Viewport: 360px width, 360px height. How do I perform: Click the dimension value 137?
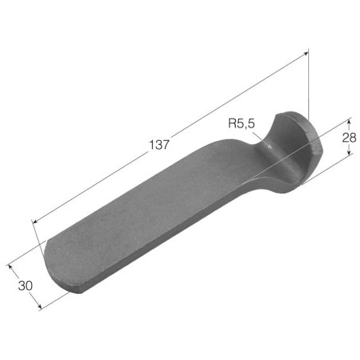coord(159,145)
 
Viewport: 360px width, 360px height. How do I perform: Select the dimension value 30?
coord(25,286)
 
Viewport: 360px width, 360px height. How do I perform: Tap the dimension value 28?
coord(349,138)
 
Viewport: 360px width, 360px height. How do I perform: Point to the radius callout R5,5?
coord(241,123)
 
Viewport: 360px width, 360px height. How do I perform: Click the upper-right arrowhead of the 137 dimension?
coord(306,54)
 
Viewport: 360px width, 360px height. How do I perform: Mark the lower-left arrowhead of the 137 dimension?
coord(34,221)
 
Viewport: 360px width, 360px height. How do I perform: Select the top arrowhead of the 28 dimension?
coord(350,121)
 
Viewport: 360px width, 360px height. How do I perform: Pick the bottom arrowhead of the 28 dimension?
coord(350,151)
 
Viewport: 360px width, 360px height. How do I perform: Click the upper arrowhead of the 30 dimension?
coord(10,267)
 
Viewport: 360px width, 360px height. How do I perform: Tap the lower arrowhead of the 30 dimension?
coord(39,307)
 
